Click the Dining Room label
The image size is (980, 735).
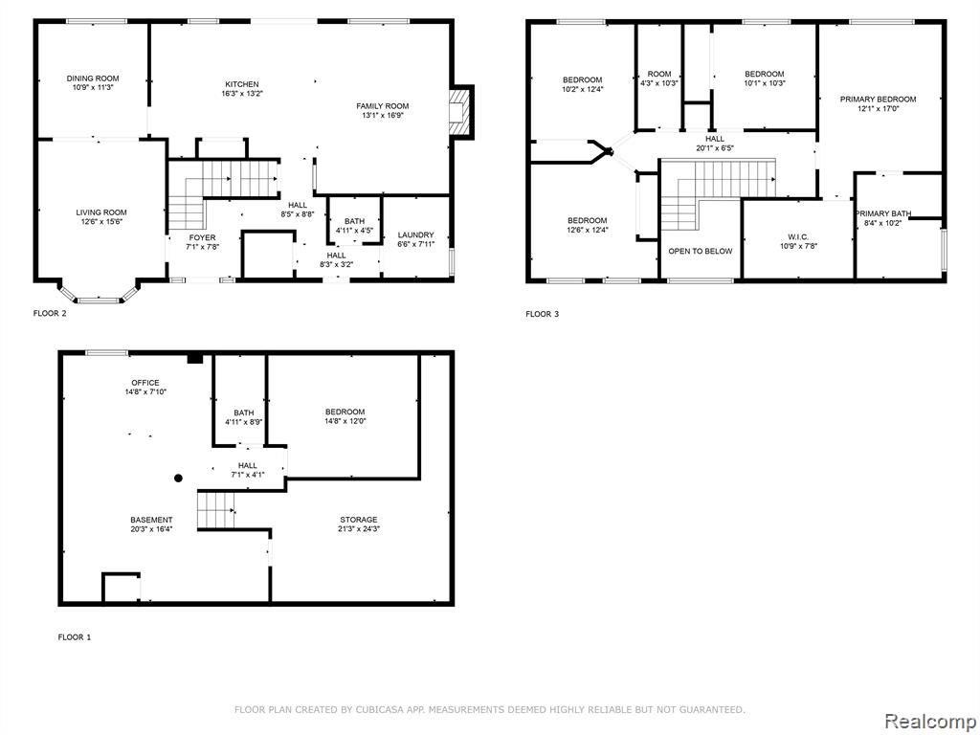[93, 78]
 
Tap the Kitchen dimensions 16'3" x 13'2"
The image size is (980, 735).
[242, 94]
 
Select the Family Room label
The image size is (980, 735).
[383, 105]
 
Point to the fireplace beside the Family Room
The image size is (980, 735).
[462, 112]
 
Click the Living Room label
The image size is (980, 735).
[101, 212]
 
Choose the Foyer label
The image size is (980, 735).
[203, 237]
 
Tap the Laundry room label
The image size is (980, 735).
[415, 235]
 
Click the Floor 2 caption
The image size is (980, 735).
[50, 314]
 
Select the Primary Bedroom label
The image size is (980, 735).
[879, 99]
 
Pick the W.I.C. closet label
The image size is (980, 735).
[798, 237]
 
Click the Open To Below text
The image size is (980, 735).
[700, 252]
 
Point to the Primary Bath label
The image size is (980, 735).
[882, 213]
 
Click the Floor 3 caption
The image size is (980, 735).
[543, 314]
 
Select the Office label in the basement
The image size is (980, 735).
[145, 383]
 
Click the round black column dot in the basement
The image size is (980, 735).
[178, 479]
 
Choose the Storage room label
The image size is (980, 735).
[359, 520]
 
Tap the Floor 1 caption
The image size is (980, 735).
[75, 637]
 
